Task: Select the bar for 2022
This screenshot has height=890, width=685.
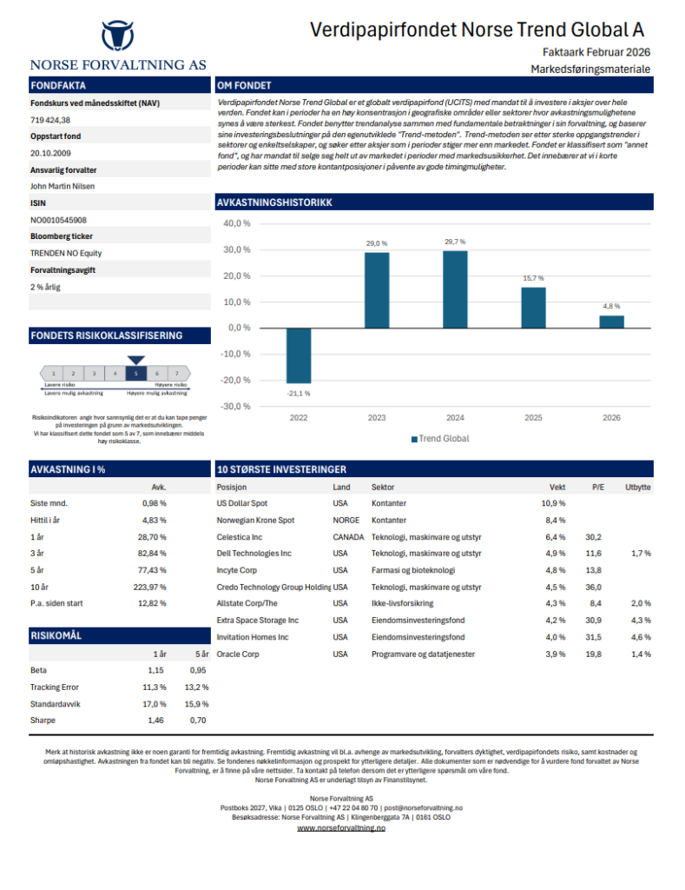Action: click(299, 355)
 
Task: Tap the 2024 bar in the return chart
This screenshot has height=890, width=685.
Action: click(455, 289)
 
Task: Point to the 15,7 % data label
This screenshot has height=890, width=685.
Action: click(533, 278)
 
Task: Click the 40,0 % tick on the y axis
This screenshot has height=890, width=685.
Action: click(236, 223)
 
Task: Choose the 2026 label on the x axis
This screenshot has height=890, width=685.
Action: click(611, 418)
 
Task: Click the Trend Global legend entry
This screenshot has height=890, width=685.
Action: click(440, 439)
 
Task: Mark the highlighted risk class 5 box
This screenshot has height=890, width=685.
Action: click(136, 374)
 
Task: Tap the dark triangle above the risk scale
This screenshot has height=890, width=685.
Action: click(136, 361)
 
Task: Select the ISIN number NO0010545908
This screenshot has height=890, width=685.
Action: click(58, 220)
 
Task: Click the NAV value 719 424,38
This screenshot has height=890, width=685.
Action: click(50, 120)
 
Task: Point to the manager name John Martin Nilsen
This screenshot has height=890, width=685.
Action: click(63, 186)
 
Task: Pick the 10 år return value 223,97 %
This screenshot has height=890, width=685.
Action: click(149, 587)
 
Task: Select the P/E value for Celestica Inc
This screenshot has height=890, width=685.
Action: click(593, 537)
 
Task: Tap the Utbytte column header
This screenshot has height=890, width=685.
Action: click(638, 487)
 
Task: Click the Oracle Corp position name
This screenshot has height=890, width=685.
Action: click(238, 654)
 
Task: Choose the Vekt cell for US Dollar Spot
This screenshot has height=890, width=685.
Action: click(553, 503)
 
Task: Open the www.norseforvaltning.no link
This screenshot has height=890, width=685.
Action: click(341, 828)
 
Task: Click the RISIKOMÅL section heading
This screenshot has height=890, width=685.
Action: click(56, 635)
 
